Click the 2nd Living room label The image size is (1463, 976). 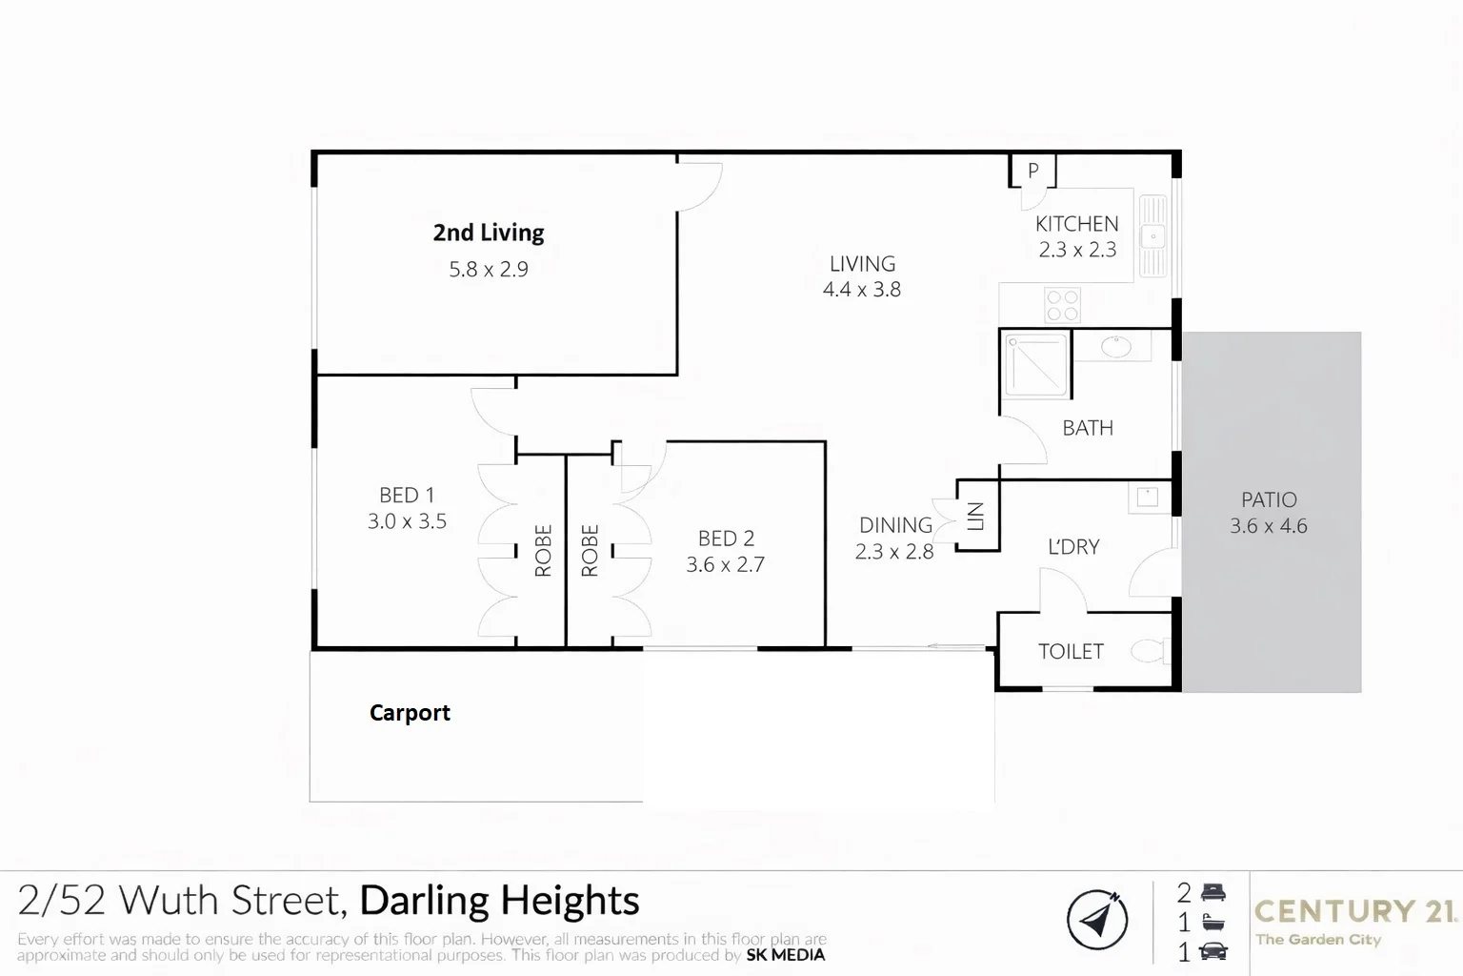[x=488, y=233]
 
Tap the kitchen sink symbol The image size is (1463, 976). [x=1153, y=234]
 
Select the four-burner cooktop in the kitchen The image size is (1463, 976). [x=1062, y=305]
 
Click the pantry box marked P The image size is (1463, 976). [x=1032, y=172]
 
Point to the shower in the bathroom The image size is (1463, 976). [x=1035, y=364]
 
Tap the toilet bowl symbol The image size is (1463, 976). [x=1150, y=651]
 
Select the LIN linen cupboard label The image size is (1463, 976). [x=975, y=516]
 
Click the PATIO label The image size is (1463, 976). [x=1269, y=499]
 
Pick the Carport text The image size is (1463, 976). [x=410, y=713]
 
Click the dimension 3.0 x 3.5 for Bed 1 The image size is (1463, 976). [x=407, y=521]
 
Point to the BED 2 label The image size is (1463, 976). [x=726, y=539]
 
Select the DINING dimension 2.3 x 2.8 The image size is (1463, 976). [x=893, y=552]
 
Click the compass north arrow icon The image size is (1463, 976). [x=1097, y=920]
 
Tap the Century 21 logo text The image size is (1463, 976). [x=1354, y=911]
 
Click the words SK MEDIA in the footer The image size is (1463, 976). [x=786, y=955]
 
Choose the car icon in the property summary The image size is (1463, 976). [x=1213, y=950]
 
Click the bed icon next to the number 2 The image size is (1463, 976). [x=1213, y=893]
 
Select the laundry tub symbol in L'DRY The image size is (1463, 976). [x=1147, y=497]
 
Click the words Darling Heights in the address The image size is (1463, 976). [x=499, y=901]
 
